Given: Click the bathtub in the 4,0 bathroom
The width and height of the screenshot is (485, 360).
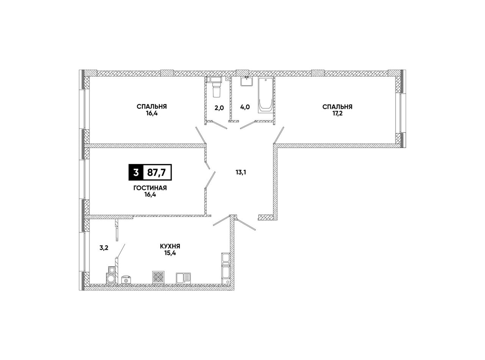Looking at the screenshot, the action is [266, 95].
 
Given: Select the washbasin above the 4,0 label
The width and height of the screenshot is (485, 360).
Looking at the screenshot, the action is [247, 81].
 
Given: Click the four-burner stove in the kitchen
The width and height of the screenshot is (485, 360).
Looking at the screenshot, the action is [158, 277].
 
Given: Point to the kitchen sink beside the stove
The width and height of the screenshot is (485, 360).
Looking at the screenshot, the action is [183, 278].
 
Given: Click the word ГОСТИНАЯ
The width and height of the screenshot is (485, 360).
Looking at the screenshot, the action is [150, 188].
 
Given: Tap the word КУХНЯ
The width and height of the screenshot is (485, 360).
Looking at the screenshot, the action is [170, 246].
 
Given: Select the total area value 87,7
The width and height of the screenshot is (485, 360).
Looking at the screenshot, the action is [156, 172].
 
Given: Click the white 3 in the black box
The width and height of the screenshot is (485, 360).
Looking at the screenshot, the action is [136, 172].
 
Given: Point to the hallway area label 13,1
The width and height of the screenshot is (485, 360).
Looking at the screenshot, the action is [241, 172].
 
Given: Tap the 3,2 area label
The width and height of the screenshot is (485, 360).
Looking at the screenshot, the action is [104, 248].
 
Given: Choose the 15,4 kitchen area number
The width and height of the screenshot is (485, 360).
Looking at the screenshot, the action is [170, 253].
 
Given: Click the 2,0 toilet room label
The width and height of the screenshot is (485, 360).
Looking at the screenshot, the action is [219, 108].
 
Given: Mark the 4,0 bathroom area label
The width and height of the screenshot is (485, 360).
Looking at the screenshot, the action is [245, 107].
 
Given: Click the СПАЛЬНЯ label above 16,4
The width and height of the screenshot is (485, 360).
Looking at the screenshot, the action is [152, 106].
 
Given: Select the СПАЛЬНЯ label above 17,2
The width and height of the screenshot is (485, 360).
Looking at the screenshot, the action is [337, 107].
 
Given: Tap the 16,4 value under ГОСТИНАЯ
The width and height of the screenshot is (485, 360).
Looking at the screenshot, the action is [150, 195].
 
